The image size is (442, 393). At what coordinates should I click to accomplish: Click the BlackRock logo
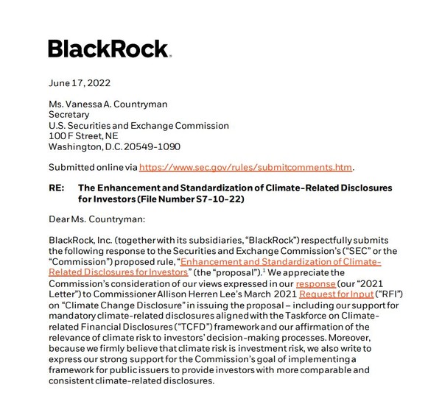tap(110, 49)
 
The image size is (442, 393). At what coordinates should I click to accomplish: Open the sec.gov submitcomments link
tap(247, 167)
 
